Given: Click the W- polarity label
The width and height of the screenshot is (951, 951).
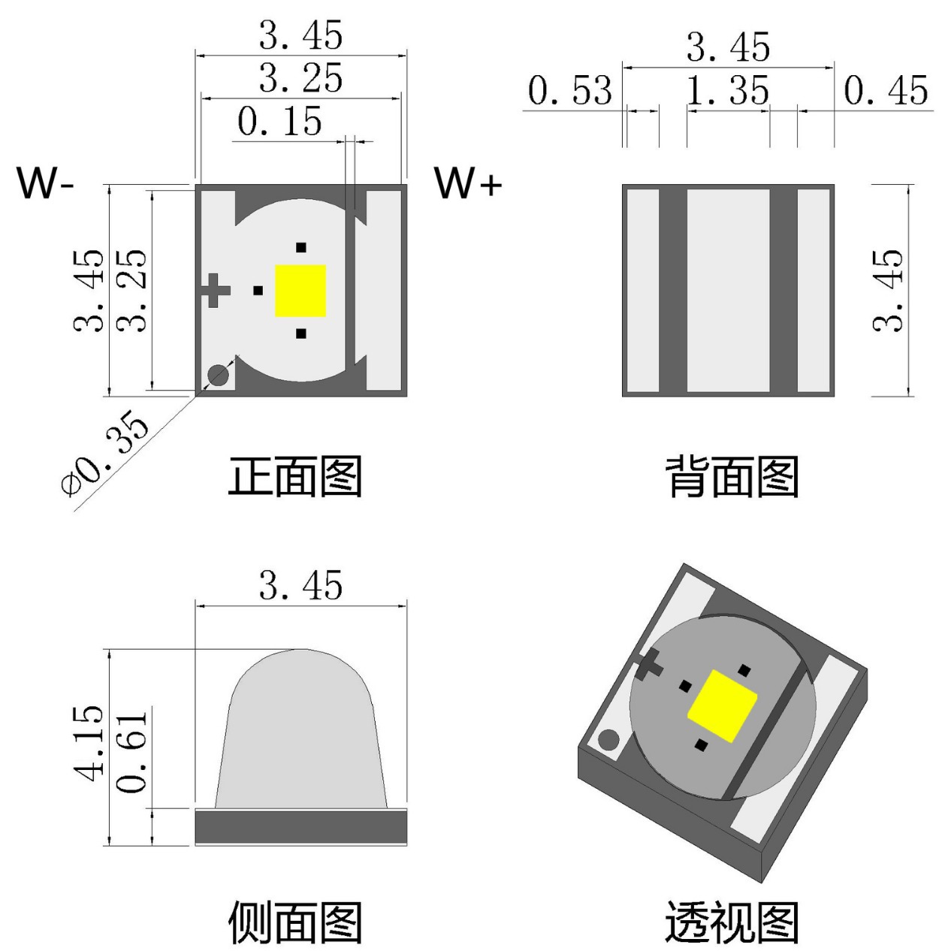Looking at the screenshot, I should point(45,182).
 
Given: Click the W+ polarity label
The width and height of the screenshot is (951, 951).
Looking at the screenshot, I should point(467,182).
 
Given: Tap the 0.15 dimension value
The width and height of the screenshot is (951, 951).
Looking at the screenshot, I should point(279,122).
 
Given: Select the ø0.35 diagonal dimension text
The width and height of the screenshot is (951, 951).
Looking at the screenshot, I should point(106,453).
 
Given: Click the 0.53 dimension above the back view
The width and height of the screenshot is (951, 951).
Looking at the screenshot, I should point(569,91).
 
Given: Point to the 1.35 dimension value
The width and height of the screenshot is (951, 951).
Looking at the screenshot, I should point(728,91).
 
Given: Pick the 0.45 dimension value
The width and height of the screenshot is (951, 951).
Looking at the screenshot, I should point(886,91).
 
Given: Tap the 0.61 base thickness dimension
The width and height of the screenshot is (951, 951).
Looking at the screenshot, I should point(134,751).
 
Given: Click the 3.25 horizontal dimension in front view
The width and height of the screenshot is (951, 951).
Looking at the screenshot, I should point(300,79).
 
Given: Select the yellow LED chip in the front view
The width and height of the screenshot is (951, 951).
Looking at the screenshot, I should point(300,291).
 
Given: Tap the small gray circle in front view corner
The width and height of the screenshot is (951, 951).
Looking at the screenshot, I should point(218,376).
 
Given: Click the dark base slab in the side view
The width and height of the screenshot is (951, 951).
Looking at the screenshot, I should point(300,826).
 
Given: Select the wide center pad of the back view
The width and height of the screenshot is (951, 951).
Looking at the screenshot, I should point(728,290).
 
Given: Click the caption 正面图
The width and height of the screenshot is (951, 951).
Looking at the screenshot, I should point(295,476).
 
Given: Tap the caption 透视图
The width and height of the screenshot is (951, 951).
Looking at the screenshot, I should point(732,922).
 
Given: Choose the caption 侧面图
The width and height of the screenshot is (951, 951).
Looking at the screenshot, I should point(295,922).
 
